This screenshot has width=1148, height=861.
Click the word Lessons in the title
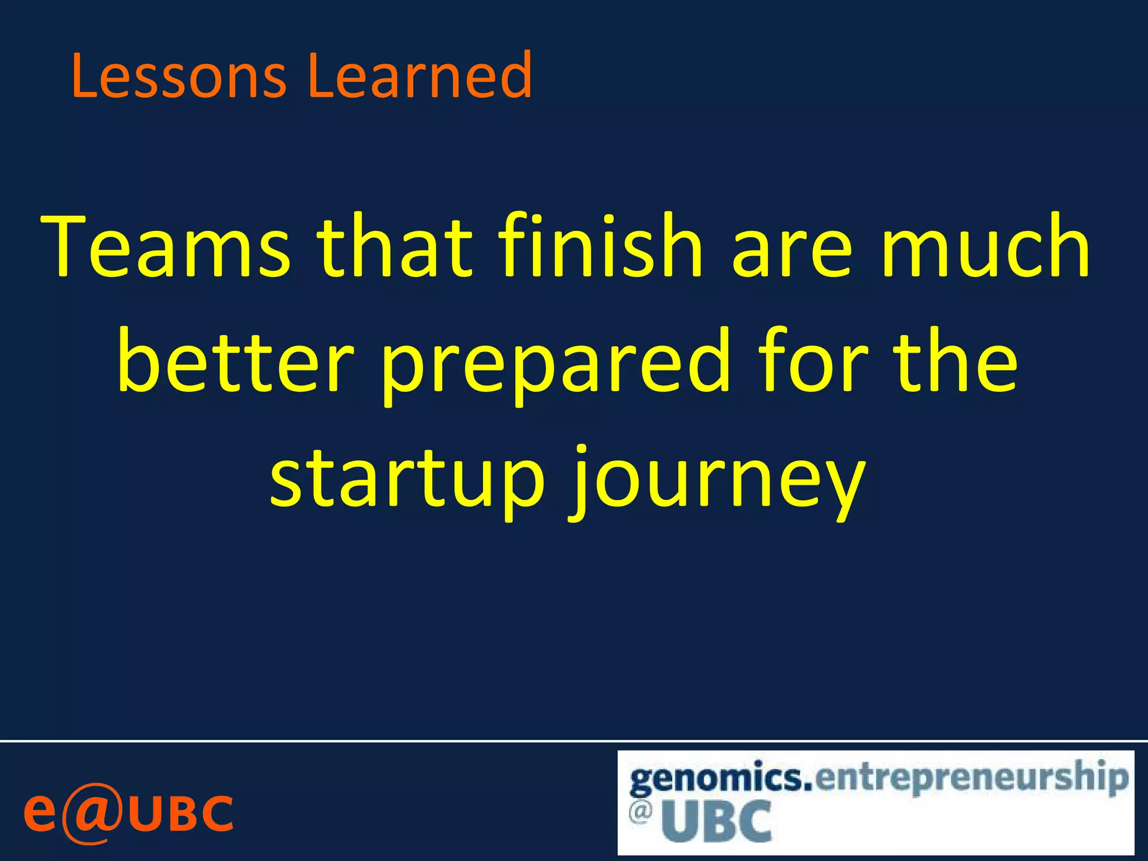[178, 75]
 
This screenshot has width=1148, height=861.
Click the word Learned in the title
[419, 75]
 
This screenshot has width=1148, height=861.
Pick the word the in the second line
[955, 362]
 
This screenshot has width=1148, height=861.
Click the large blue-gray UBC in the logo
[716, 822]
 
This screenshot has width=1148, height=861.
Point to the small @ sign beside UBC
[640, 812]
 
